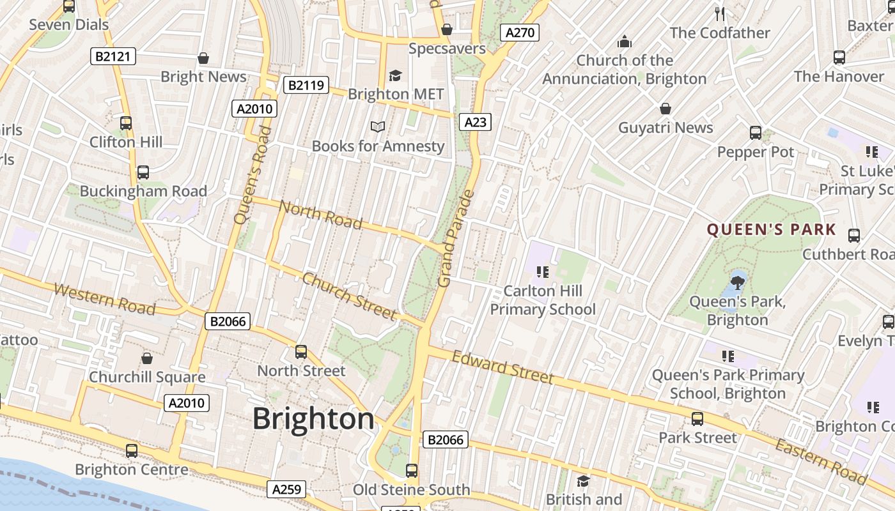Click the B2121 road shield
click(x=113, y=56)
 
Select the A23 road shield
click(x=475, y=122)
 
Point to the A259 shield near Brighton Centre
click(x=286, y=489)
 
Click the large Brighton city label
click(x=313, y=419)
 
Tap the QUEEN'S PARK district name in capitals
click(x=771, y=230)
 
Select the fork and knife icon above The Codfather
click(x=720, y=13)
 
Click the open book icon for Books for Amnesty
click(x=378, y=127)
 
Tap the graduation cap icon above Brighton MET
click(x=395, y=75)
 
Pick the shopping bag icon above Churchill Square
click(x=147, y=358)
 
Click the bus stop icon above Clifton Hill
click(x=126, y=123)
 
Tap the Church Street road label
click(x=348, y=296)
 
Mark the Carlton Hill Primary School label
click(x=543, y=300)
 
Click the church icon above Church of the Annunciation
click(x=624, y=42)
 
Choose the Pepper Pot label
click(x=755, y=152)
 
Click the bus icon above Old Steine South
click(x=412, y=471)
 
